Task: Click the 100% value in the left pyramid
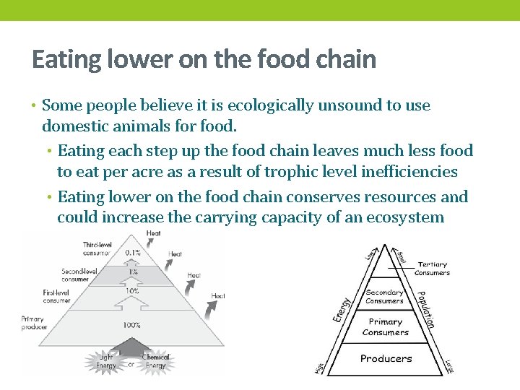pos(131,325)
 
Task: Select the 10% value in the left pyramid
pos(132,291)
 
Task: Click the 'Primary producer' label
pos(33,323)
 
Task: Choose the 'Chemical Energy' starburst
pos(155,361)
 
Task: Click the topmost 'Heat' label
pos(154,234)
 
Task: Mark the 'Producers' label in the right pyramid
pos(386,358)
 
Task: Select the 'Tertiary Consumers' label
pos(432,269)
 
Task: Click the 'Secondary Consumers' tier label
pos(384,296)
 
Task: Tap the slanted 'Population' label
pos(425,303)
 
